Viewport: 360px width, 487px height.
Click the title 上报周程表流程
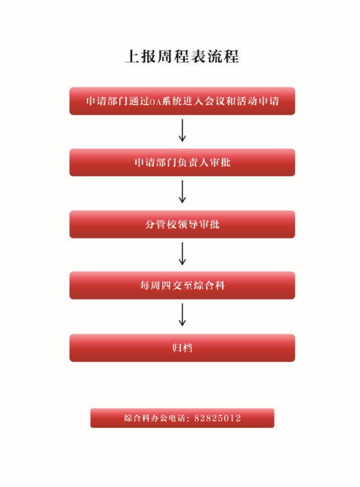pyautogui.click(x=182, y=57)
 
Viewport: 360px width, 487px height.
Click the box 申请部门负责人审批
pyautogui.click(x=182, y=162)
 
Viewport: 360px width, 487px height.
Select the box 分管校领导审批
pyautogui.click(x=182, y=224)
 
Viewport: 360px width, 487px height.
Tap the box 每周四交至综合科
pyautogui.click(x=182, y=285)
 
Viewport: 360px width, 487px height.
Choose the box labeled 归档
pyautogui.click(x=182, y=348)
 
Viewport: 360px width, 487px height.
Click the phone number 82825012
pyautogui.click(x=217, y=418)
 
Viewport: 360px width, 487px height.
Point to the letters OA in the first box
pyautogui.click(x=155, y=102)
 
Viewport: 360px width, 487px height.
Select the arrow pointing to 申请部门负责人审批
pyautogui.click(x=183, y=131)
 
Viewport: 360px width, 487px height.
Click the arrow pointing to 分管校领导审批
pyautogui.click(x=183, y=192)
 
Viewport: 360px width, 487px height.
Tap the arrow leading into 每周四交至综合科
pyautogui.click(x=183, y=254)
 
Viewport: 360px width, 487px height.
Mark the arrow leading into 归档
pyautogui.click(x=183, y=315)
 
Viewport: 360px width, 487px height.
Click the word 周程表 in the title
pyautogui.click(x=182, y=57)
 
